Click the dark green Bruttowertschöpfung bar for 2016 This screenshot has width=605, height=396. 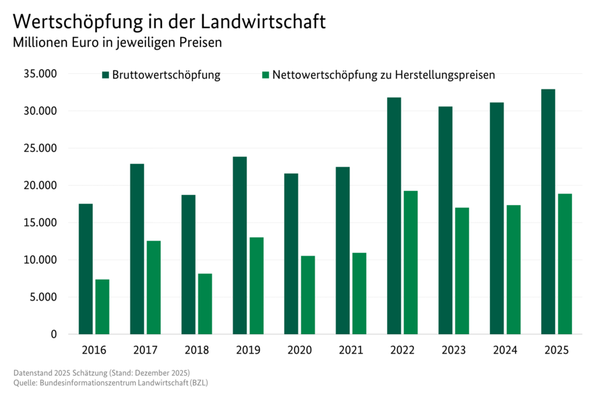point(85,269)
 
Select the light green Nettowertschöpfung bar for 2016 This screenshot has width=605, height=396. point(102,307)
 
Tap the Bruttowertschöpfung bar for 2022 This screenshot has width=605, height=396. point(394,216)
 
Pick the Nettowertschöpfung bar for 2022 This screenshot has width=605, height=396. point(410,262)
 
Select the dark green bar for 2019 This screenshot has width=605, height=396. point(239,245)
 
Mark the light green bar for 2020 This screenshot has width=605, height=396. point(308,295)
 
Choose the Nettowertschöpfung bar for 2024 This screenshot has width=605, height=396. point(514,270)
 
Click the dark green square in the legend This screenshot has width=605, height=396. point(106,75)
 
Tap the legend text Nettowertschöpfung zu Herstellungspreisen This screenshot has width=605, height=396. point(383,75)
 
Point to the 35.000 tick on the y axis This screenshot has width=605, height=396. point(40,74)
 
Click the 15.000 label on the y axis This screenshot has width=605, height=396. point(40,223)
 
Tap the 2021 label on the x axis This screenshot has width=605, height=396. point(351,350)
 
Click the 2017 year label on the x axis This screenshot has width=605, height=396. point(145,350)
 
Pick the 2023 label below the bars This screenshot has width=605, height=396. point(454,350)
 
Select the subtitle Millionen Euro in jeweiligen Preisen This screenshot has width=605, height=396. point(117,42)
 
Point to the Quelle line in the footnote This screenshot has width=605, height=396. point(114,383)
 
